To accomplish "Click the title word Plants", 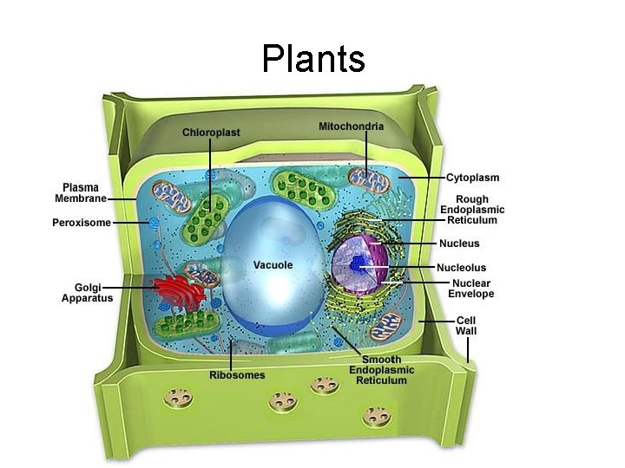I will (x=312, y=59).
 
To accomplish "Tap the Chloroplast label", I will (x=211, y=132).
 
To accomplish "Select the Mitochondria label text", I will (x=351, y=127).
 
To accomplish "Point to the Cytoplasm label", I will (x=472, y=178).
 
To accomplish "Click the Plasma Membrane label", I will (x=81, y=192).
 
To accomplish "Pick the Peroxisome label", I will (x=82, y=223).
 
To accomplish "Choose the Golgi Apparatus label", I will (x=87, y=293).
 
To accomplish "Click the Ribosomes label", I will (x=237, y=375).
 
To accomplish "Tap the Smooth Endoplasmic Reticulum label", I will (x=382, y=370).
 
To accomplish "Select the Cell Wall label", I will (x=466, y=325).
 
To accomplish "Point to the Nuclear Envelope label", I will (x=471, y=289).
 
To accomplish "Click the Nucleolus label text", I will (x=461, y=268).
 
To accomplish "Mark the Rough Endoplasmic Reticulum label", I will (x=472, y=210).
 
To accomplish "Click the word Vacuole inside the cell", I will (x=273, y=264).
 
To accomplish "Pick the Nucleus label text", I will (x=458, y=244).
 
